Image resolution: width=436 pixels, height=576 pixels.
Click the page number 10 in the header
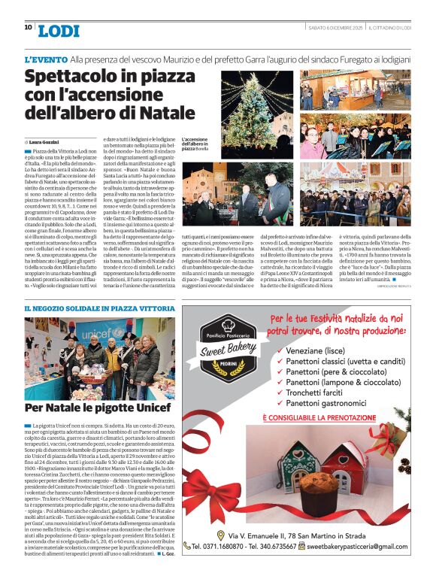point(28,27)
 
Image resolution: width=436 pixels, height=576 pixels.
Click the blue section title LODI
point(58,31)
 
